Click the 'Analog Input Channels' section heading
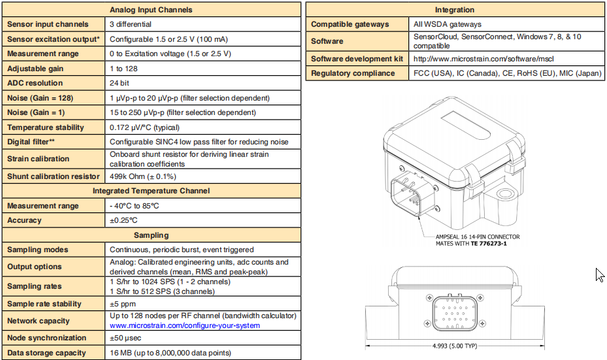tap(151, 10)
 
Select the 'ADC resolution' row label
tap(35, 83)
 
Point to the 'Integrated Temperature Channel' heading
tap(151, 191)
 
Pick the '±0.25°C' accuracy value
tap(123, 220)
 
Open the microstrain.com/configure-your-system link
tap(185, 325)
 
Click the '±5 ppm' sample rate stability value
tap(123, 304)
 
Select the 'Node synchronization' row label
tap(47, 338)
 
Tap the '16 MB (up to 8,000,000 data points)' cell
tap(170, 353)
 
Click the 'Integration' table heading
tap(455, 10)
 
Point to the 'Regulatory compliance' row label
tap(353, 73)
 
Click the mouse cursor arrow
tap(600, 274)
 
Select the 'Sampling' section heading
tap(151, 235)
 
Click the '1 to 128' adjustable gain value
tap(123, 69)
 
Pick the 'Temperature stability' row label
tap(46, 127)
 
